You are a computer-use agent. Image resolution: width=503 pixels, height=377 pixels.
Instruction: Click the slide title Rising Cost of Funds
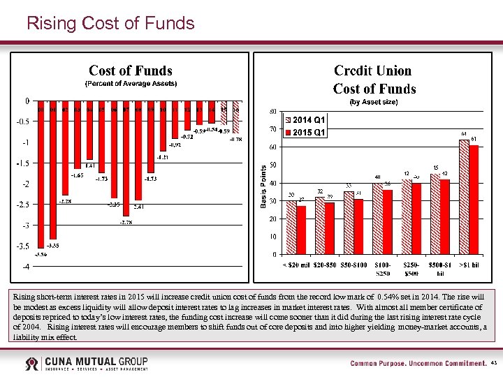[x=110, y=24]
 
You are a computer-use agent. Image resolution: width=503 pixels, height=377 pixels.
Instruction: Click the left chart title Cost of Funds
[x=130, y=71]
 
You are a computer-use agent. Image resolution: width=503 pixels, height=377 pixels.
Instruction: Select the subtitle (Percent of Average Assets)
[x=131, y=84]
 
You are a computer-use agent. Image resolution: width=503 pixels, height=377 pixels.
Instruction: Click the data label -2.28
[x=65, y=201]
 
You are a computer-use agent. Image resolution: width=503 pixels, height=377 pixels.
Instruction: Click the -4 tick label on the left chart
[x=24, y=267]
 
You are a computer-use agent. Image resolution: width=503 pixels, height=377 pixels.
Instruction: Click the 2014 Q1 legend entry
[x=308, y=120]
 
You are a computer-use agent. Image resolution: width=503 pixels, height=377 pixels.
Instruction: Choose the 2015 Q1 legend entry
[x=308, y=132]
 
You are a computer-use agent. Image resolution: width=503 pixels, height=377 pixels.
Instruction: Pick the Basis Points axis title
[x=263, y=185]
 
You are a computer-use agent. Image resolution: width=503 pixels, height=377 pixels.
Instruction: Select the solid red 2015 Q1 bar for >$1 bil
[x=474, y=199]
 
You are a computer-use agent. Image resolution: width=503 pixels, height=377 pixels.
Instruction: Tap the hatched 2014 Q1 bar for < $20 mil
[x=291, y=228]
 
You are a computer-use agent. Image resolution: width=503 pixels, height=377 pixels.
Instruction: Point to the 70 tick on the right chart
[x=272, y=129]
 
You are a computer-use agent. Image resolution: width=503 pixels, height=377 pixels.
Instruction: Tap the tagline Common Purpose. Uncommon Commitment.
[x=418, y=364]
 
